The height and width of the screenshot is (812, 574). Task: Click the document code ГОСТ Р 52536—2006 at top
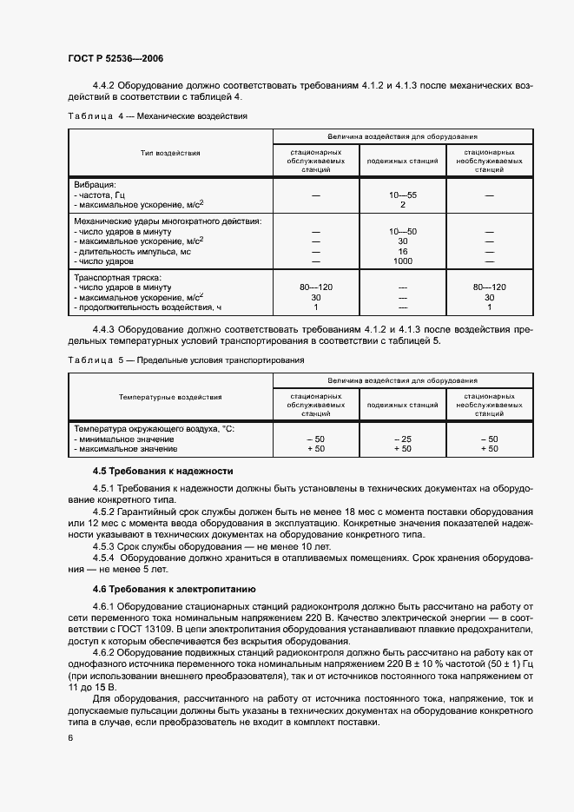pos(115,58)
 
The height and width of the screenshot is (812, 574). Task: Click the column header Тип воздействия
pos(170,153)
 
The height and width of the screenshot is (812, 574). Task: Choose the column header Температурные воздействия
pos(170,397)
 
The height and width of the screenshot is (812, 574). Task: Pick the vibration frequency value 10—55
pos(403,195)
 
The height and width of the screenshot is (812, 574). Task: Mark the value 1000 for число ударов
pos(403,261)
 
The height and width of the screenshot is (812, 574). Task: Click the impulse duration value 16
pos(403,251)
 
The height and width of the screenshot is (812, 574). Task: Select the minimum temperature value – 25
pos(403,439)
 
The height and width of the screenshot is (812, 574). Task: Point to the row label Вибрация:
pos(95,185)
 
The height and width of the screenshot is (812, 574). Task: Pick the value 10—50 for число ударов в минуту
pos(403,231)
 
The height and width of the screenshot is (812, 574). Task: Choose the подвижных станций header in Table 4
pos(403,161)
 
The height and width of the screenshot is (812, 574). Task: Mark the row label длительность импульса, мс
pos(132,251)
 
